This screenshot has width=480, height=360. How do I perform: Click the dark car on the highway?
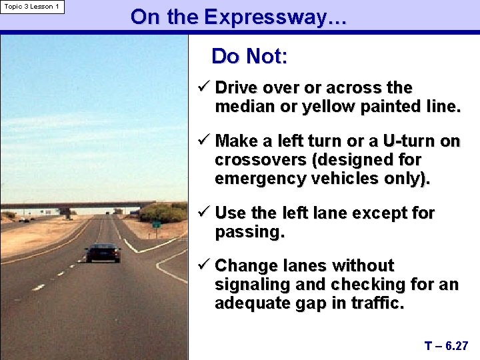click(x=103, y=253)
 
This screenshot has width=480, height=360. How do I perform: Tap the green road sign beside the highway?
click(x=155, y=225)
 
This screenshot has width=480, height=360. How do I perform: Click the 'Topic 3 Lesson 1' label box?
click(x=32, y=7)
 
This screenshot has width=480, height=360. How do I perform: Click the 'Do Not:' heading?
click(x=249, y=57)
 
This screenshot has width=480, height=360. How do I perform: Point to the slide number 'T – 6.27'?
click(x=446, y=346)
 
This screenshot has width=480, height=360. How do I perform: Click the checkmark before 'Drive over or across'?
click(x=204, y=88)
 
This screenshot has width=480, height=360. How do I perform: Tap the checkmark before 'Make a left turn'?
click(x=204, y=141)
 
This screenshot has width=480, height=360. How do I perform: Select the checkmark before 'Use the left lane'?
click(x=204, y=213)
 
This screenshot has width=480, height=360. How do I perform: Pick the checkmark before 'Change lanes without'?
click(x=204, y=266)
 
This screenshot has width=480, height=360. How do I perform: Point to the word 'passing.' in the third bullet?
click(x=249, y=232)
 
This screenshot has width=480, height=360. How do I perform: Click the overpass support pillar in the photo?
click(x=66, y=213)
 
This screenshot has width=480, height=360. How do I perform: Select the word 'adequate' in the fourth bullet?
click(x=253, y=303)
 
